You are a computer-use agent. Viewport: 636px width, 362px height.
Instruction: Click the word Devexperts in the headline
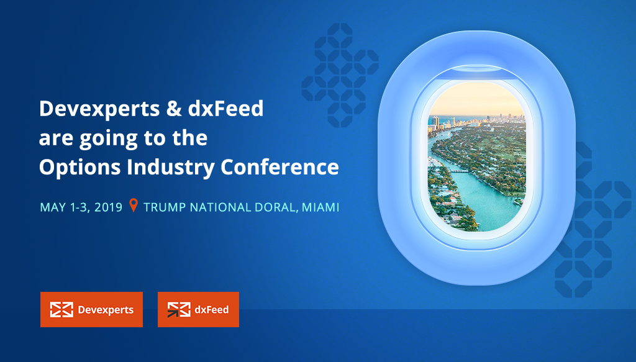(x=99, y=109)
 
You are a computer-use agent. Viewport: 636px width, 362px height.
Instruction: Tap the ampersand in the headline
(x=174, y=109)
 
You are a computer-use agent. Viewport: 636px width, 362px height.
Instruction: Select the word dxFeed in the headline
(x=225, y=108)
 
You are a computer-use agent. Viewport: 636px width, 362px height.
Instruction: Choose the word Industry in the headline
(x=170, y=167)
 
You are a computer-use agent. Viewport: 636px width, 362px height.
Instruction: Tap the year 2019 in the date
(x=108, y=207)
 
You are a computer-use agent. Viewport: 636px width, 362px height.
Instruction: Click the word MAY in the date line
(x=53, y=207)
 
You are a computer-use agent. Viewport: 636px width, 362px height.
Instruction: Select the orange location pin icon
(x=133, y=205)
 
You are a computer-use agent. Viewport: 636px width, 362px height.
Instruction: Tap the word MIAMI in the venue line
(x=320, y=207)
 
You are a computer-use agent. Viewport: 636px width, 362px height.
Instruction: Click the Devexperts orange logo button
(x=92, y=309)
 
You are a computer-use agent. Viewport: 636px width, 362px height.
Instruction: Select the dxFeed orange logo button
(x=198, y=309)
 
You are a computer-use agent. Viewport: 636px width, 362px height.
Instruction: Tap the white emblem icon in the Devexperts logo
(x=61, y=310)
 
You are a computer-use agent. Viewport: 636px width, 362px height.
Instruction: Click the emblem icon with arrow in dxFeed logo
(x=179, y=310)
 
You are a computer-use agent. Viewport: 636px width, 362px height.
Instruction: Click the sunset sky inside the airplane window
(x=476, y=99)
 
